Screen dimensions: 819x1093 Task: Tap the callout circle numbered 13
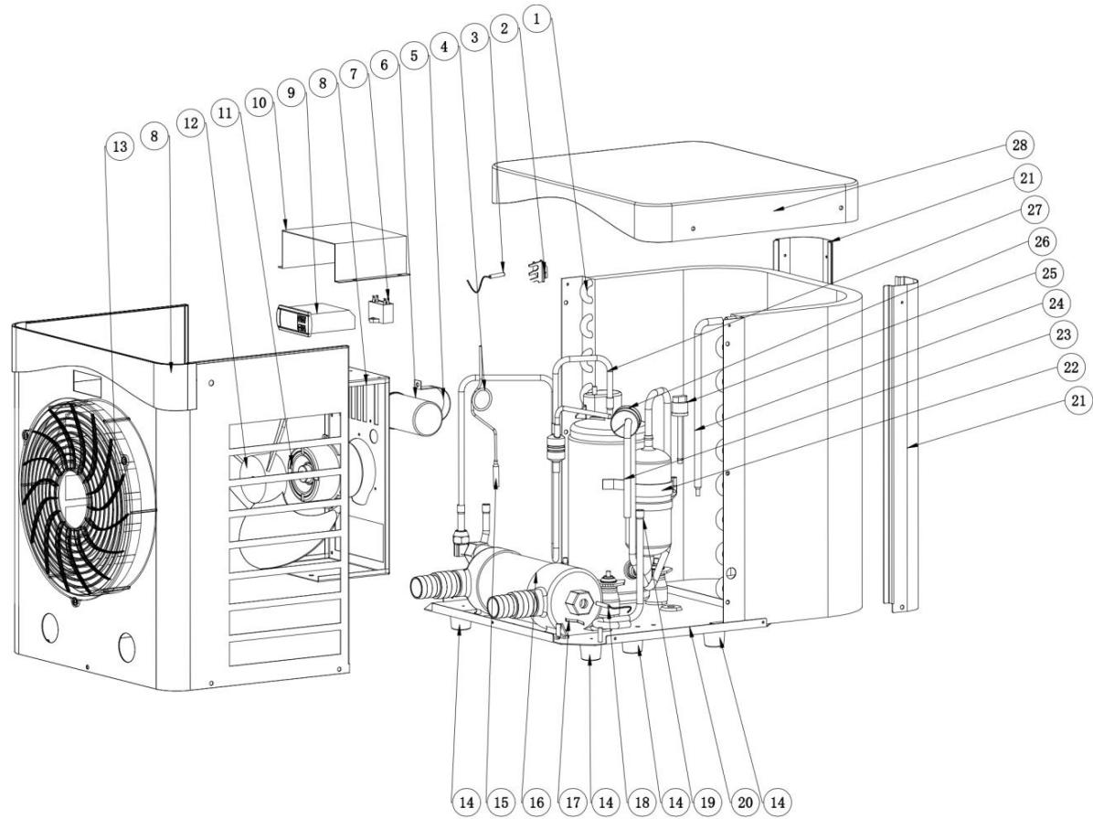pos(114,149)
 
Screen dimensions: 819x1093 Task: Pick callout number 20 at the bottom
pos(746,802)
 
